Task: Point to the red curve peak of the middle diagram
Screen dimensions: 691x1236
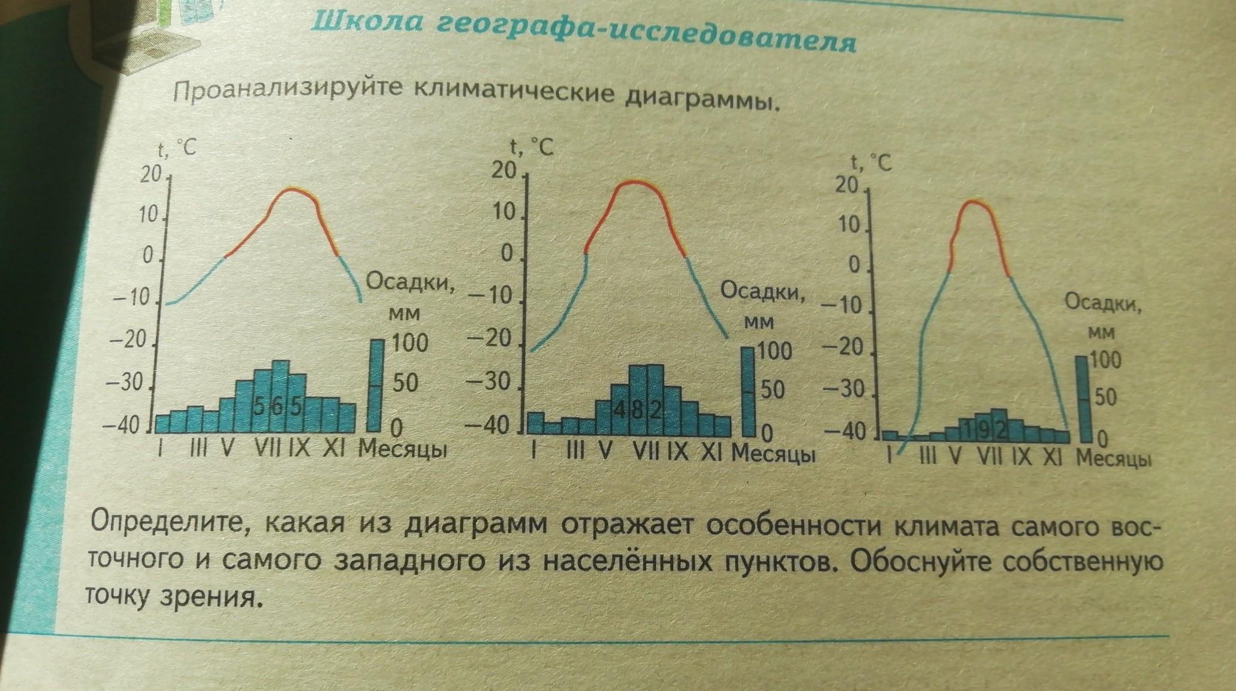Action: click(635, 182)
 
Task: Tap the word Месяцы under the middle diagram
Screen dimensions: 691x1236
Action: click(773, 453)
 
